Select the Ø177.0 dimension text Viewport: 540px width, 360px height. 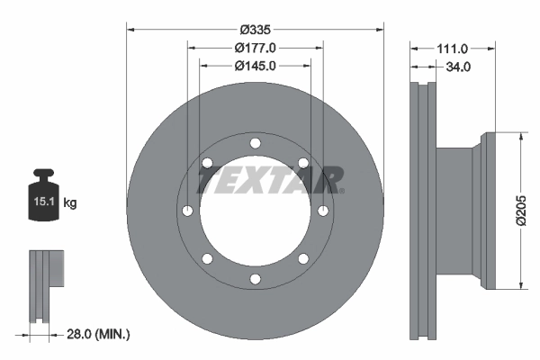coord(255,47)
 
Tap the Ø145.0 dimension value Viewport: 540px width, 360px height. coord(255,65)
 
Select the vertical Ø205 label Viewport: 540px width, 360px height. coord(521,211)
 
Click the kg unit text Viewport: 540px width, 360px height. coord(70,203)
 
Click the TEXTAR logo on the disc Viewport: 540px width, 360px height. coord(270,180)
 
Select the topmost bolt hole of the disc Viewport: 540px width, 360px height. coord(256,143)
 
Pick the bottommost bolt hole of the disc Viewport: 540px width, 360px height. coord(256,279)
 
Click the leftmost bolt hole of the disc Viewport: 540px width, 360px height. coord(187,211)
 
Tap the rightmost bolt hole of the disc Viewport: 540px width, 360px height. coord(323,211)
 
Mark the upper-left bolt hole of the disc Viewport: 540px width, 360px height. coord(207,163)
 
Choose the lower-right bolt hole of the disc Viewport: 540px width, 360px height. coord(303,259)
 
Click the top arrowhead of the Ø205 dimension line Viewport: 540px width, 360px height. coord(521,138)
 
